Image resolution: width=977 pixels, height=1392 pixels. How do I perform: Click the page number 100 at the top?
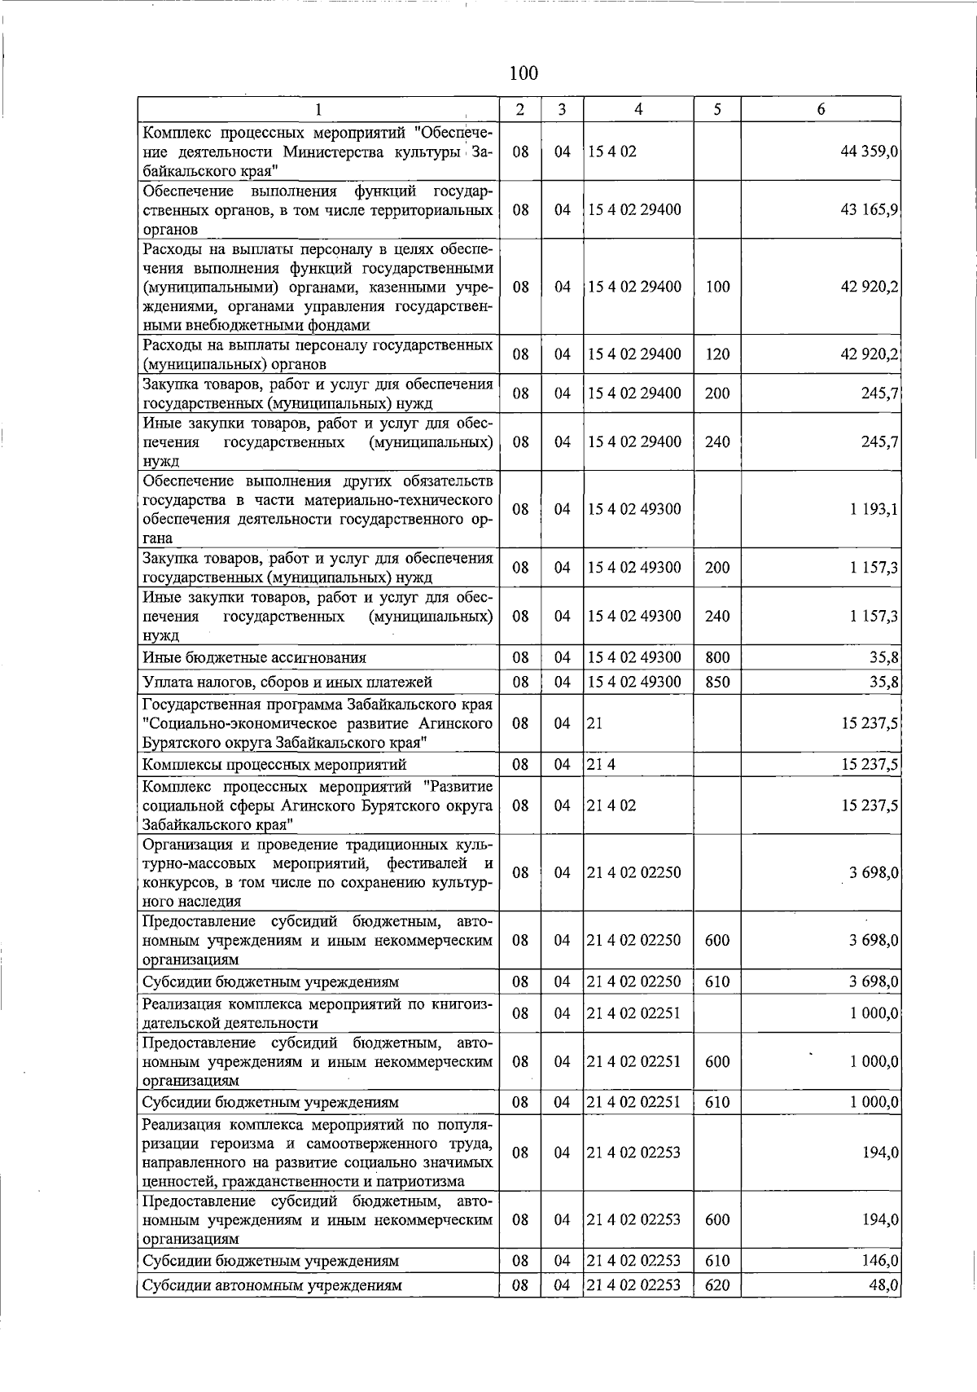click(523, 73)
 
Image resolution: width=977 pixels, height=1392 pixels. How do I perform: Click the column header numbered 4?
click(638, 109)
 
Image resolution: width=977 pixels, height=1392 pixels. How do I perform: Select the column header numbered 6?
click(821, 109)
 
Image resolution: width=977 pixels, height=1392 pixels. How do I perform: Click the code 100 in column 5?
click(717, 287)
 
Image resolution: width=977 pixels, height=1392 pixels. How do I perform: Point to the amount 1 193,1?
click(874, 509)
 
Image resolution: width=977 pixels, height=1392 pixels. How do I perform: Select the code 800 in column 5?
click(717, 657)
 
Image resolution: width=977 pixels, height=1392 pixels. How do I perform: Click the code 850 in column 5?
click(717, 682)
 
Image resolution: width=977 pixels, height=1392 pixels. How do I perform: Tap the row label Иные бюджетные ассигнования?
click(254, 657)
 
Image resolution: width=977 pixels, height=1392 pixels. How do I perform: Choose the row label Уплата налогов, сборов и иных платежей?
click(287, 682)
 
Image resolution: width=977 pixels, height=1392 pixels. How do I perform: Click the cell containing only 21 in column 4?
click(595, 723)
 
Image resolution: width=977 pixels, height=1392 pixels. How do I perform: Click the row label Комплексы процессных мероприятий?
click(274, 764)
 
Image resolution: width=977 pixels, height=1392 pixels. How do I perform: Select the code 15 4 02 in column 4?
click(611, 151)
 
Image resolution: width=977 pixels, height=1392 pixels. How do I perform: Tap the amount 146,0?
click(880, 1261)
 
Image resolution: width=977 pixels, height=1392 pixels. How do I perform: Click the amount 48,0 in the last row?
click(883, 1285)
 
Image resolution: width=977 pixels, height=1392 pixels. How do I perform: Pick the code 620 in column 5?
click(717, 1285)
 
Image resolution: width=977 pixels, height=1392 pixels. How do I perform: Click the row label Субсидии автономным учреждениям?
click(272, 1285)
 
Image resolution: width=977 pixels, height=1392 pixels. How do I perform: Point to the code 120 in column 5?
click(717, 354)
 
